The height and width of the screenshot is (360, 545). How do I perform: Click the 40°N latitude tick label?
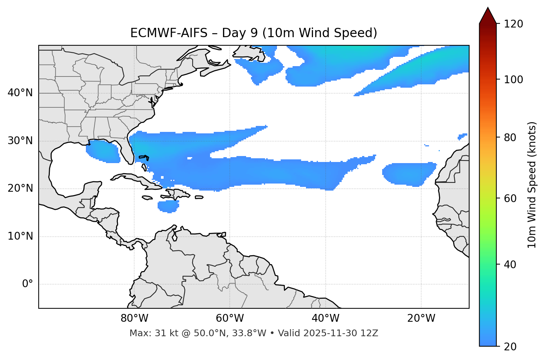[x=20, y=93]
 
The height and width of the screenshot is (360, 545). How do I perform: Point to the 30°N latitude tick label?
[x=20, y=141]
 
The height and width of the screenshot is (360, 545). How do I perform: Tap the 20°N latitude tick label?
[x=20, y=188]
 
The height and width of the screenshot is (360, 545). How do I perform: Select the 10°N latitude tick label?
[x=20, y=236]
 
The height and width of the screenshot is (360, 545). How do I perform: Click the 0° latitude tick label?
[x=28, y=284]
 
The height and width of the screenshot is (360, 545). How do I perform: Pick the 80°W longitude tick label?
[x=134, y=318]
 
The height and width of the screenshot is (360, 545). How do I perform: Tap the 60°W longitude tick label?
[x=230, y=318]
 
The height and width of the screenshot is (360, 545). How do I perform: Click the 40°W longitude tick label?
[x=325, y=318]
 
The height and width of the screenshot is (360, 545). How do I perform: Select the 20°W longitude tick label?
[x=421, y=318]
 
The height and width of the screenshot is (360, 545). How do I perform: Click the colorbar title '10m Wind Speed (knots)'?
[x=532, y=185]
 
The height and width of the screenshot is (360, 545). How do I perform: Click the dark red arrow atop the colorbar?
[x=488, y=16]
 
